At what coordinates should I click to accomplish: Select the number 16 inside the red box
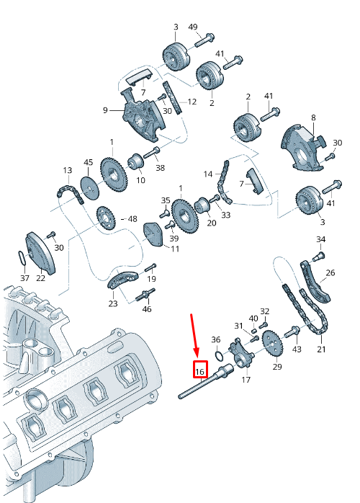[x=200, y=371]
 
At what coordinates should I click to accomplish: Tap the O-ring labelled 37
[x=24, y=257]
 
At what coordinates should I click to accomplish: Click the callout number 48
[x=132, y=218]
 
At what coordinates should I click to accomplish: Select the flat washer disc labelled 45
[x=88, y=185]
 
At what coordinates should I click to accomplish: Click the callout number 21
[x=321, y=350]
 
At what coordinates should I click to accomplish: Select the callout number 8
[x=313, y=117]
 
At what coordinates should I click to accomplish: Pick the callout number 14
[x=208, y=174]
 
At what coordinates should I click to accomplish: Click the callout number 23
[x=112, y=303]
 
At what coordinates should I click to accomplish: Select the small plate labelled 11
[x=152, y=233]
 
